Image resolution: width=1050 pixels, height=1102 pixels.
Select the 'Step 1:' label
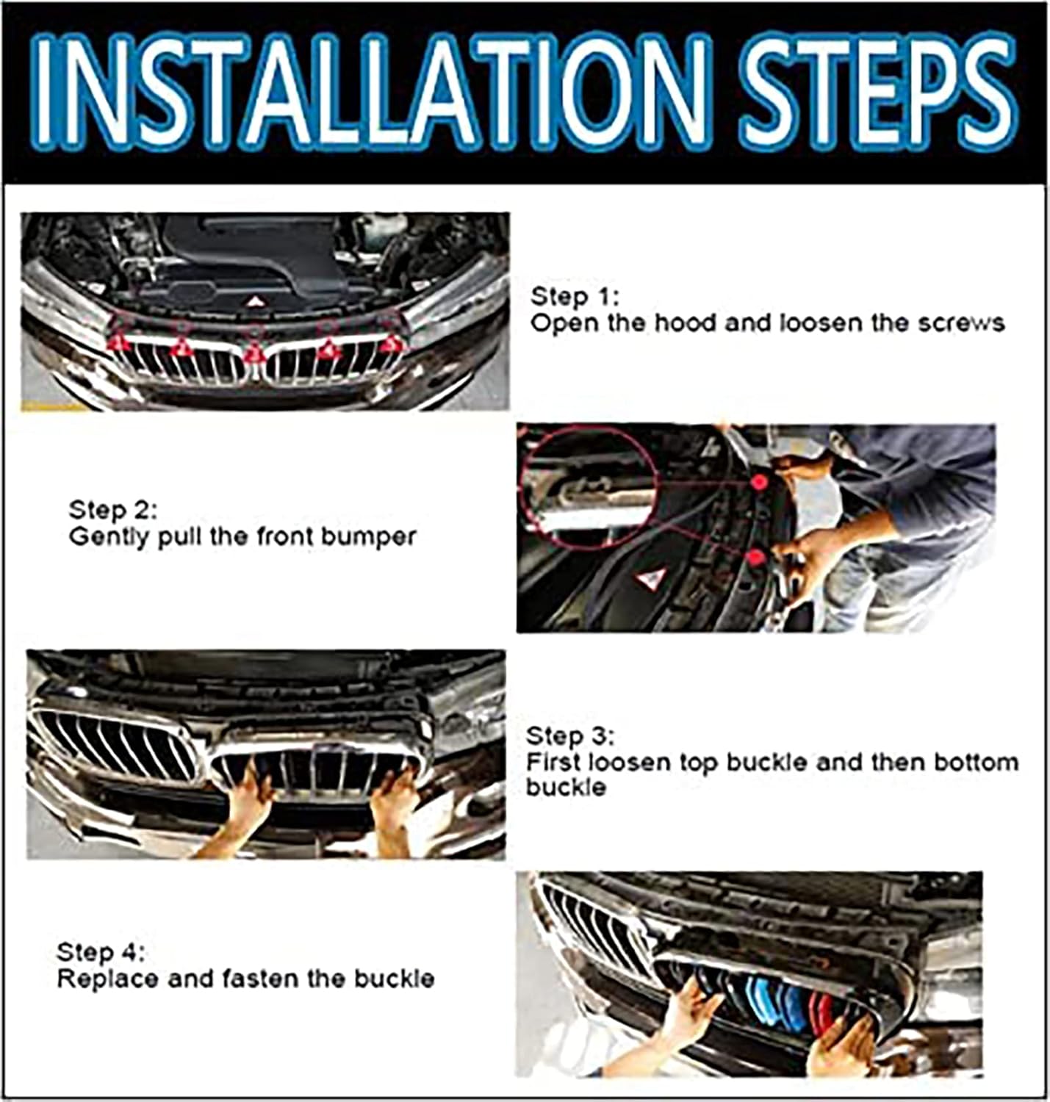click(575, 297)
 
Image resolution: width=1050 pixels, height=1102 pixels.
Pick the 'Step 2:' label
click(113, 510)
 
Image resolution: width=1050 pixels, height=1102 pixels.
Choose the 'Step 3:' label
click(571, 737)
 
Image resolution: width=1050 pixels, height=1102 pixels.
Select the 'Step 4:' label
click(101, 952)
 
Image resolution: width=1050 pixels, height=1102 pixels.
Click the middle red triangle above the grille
click(254, 353)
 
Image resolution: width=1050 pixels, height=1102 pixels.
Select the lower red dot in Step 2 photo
click(756, 557)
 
